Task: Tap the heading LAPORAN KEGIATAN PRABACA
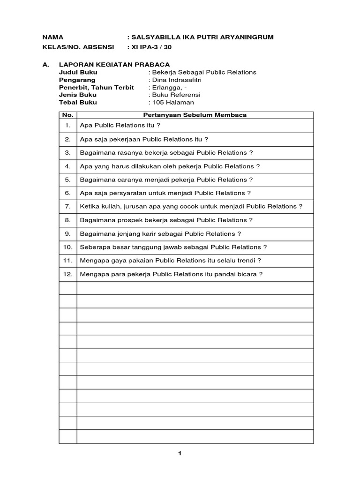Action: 114,65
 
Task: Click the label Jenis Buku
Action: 77,95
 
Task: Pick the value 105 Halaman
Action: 172,102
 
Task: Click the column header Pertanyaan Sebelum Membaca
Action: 195,115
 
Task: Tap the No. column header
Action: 68,115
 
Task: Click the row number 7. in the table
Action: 68,206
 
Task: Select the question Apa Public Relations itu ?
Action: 120,126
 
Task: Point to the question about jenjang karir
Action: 161,233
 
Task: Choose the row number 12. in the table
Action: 67,274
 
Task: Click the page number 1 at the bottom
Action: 180,453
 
